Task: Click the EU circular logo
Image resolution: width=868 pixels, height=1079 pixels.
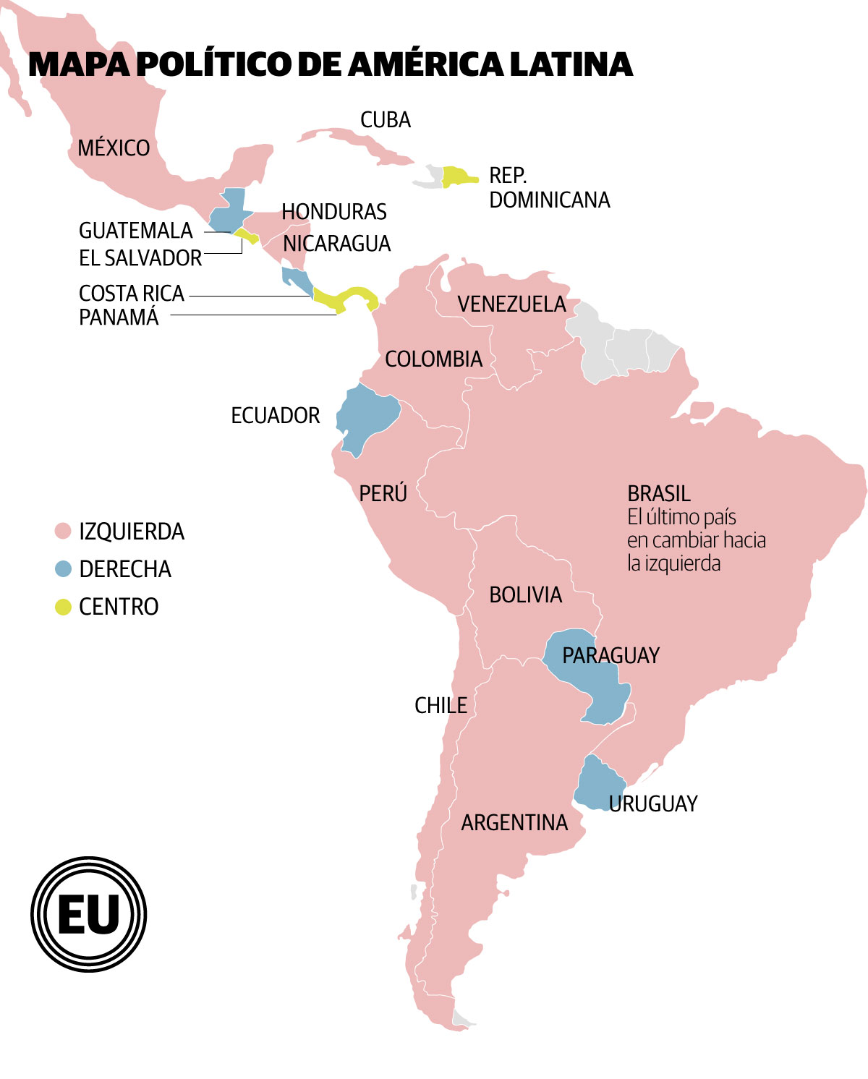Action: coord(88,914)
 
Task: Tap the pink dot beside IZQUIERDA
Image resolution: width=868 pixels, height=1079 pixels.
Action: coord(64,532)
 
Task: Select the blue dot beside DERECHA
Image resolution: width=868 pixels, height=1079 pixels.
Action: coord(64,569)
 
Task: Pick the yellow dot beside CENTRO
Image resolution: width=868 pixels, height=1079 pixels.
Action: coord(64,607)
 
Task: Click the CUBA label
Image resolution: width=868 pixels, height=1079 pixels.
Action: coord(386,120)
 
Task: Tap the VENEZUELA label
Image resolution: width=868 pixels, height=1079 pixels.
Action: coord(511,304)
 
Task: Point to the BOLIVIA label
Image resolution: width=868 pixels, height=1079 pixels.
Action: coord(525,595)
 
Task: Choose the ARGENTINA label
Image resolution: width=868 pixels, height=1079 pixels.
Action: coord(514,823)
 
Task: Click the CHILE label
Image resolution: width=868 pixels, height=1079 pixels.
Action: coord(441,706)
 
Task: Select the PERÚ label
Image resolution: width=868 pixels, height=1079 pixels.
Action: coord(383,494)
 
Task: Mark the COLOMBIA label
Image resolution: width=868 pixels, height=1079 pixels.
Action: coord(433,359)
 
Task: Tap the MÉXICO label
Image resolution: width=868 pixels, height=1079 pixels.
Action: coord(114,148)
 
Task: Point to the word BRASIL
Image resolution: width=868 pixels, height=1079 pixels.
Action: coord(659,494)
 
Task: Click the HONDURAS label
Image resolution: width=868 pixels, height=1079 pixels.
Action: coord(334,212)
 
